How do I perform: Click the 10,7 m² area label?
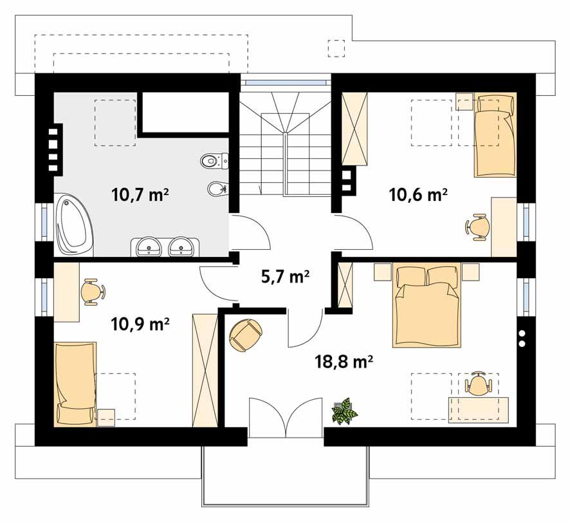tap(140, 194)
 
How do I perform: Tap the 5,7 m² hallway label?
tap(285, 277)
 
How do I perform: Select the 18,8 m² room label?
tap(344, 361)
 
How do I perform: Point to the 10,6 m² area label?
tap(419, 194)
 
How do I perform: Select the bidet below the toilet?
tap(217, 188)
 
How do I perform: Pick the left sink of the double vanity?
tap(150, 246)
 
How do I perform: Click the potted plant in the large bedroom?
tap(344, 411)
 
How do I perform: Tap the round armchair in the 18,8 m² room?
tap(245, 335)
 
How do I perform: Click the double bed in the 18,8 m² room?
tap(427, 306)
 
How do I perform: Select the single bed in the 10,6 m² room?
tap(495, 135)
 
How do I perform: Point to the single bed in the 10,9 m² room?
tap(75, 384)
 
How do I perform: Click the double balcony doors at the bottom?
tap(285, 418)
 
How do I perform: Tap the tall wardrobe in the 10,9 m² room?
tap(205, 369)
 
